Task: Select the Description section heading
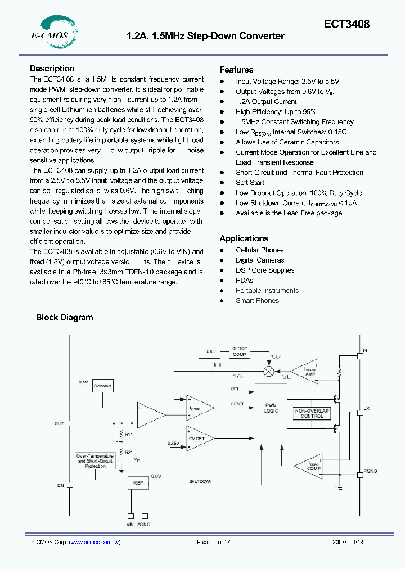click(x=52, y=69)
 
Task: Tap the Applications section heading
click(x=244, y=238)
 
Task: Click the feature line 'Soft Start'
click(x=250, y=183)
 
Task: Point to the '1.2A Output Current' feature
click(x=266, y=102)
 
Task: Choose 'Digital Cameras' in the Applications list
click(x=260, y=260)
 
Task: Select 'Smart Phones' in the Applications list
click(x=257, y=301)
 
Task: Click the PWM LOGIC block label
click(x=271, y=408)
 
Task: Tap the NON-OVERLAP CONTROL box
click(x=309, y=413)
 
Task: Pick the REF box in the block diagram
click(x=138, y=483)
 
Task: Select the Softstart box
click(x=103, y=387)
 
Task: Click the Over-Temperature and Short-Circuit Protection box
click(x=95, y=461)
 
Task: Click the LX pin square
click(x=359, y=413)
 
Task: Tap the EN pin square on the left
click(x=70, y=484)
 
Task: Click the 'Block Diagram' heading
click(x=64, y=318)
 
